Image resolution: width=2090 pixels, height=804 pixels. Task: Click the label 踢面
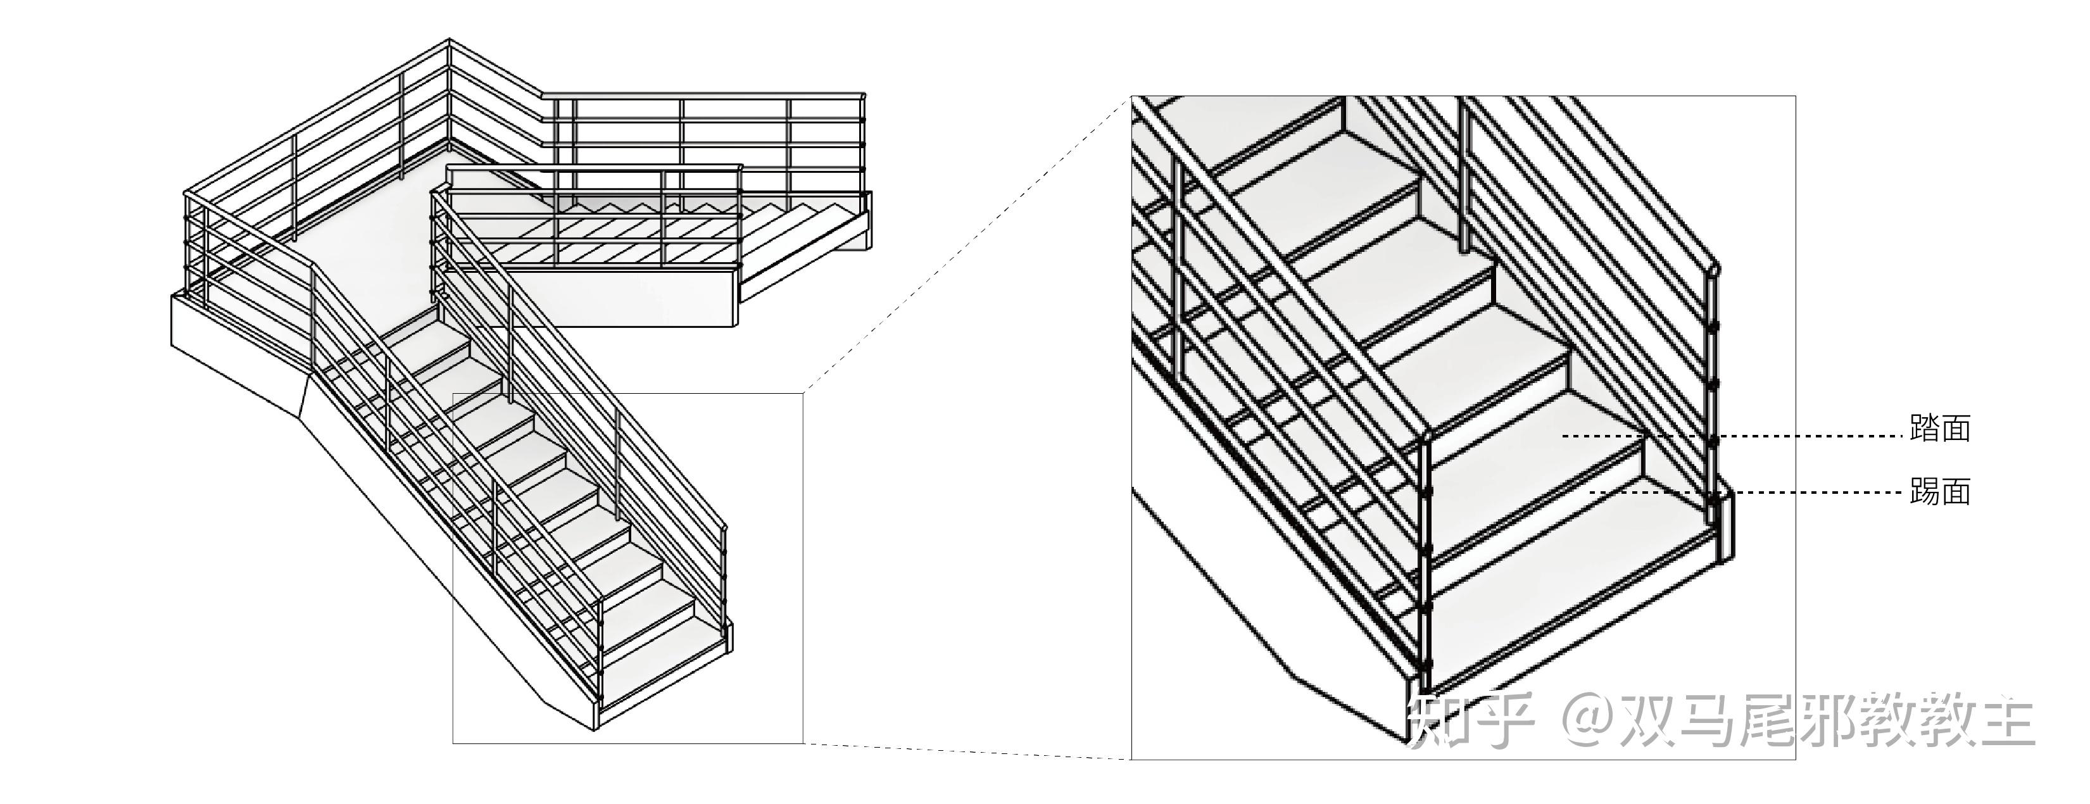tap(1940, 492)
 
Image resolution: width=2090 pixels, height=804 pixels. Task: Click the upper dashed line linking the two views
tap(966, 243)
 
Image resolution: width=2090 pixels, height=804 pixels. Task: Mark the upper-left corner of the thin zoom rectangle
tap(453, 394)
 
